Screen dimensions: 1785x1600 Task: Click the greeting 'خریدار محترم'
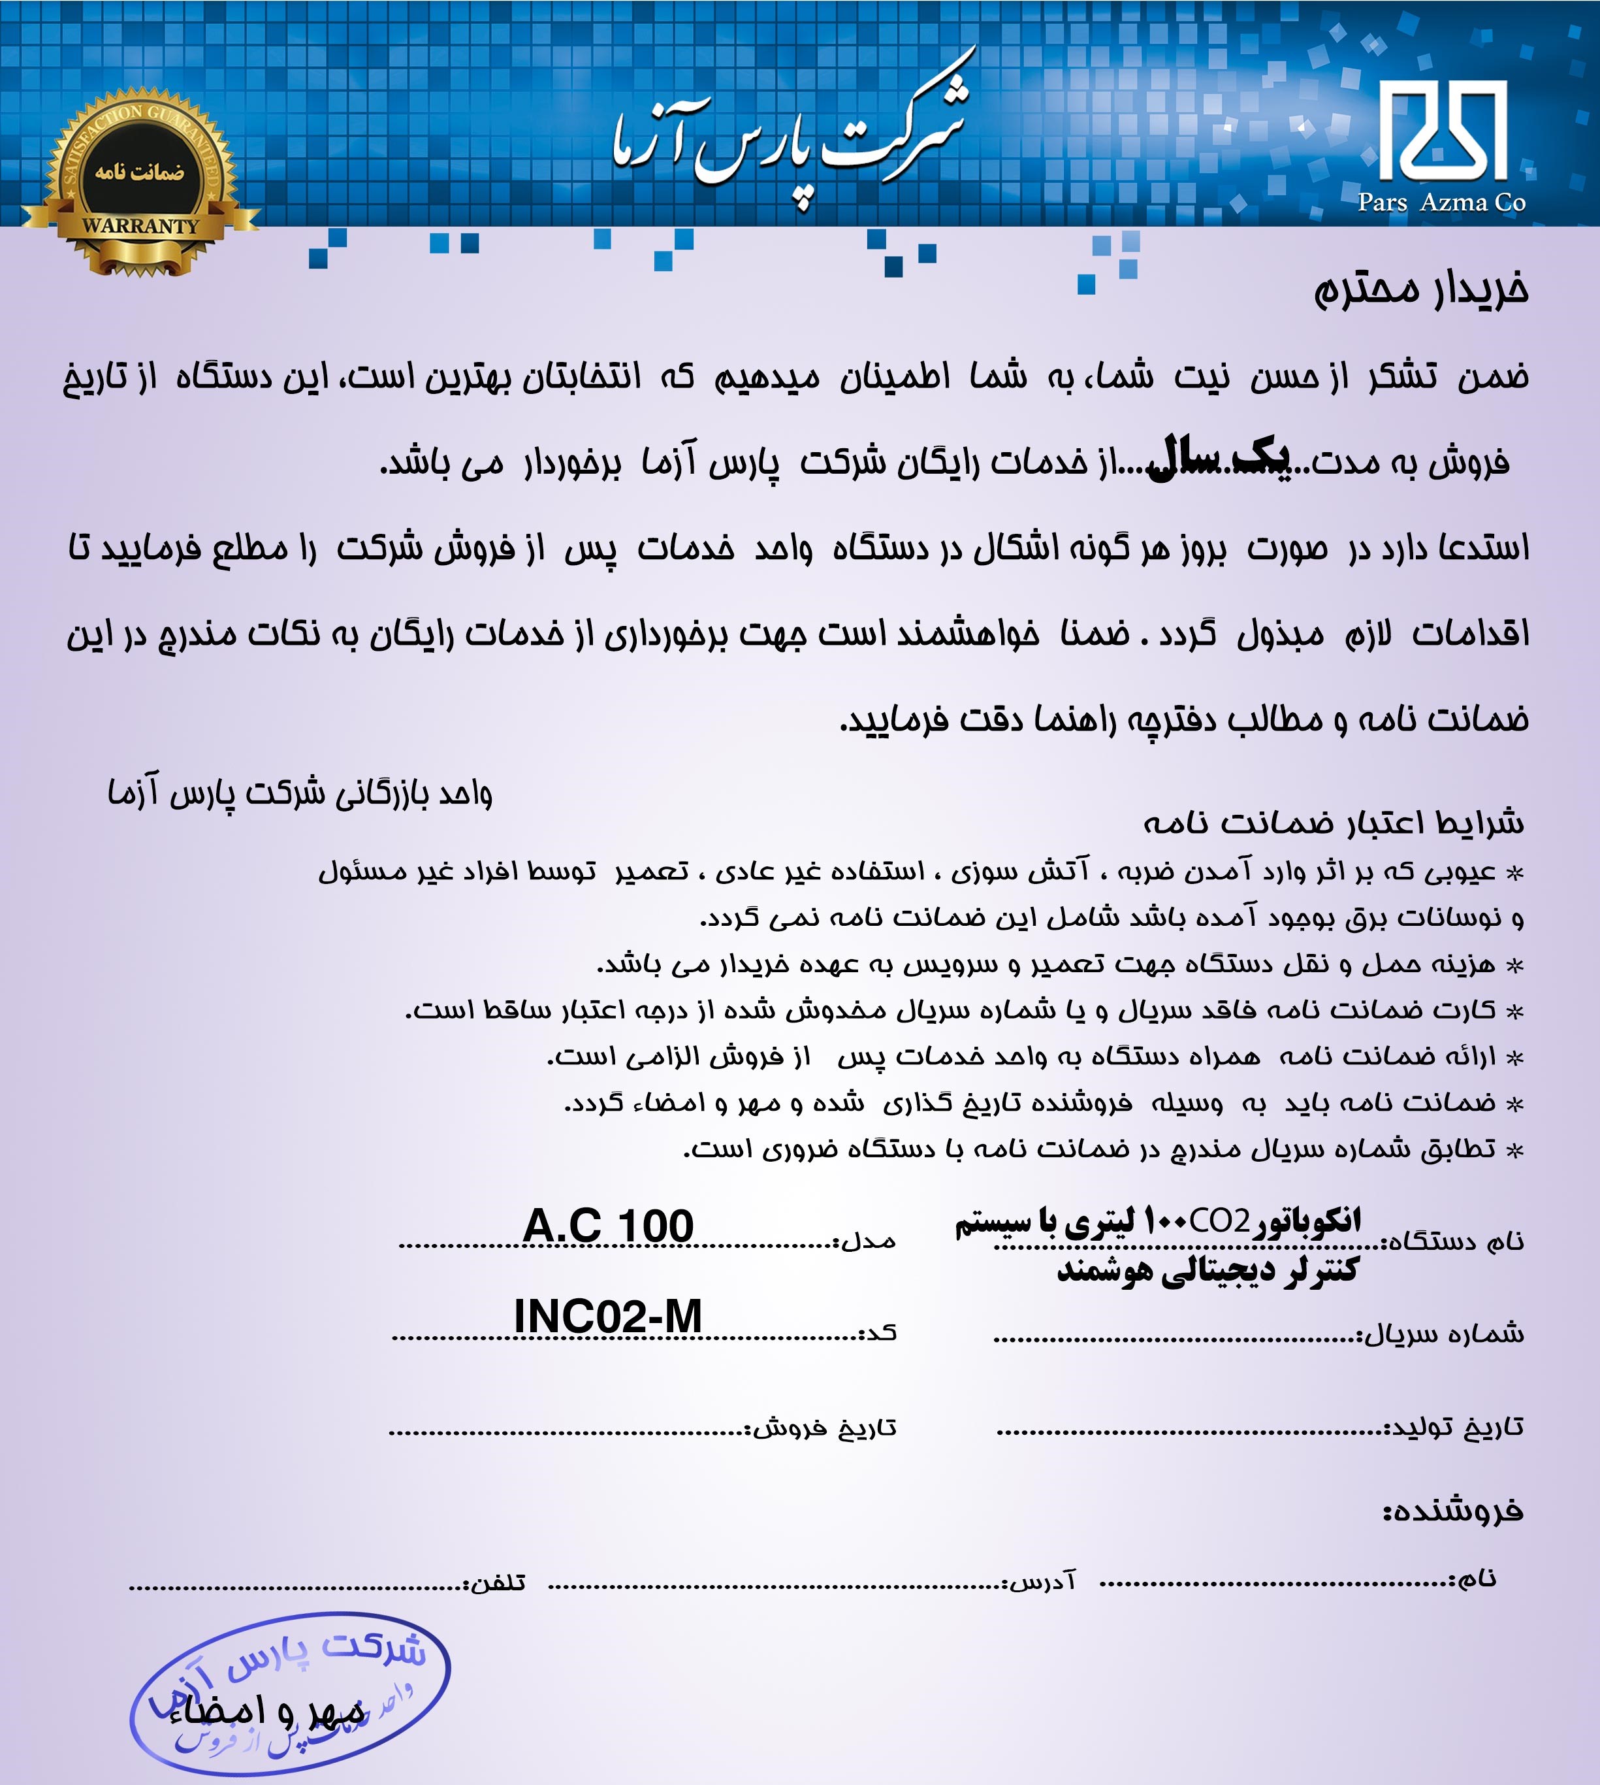pos(1420,289)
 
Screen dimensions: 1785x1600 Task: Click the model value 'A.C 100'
pos(607,1226)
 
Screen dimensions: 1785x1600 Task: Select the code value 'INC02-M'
pos(607,1317)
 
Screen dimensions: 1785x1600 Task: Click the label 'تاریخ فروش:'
pos(822,1427)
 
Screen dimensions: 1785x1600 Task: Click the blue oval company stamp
pos(290,1693)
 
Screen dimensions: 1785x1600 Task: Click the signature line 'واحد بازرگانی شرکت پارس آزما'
pos(300,793)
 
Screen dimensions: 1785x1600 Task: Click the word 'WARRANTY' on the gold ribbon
pos(140,226)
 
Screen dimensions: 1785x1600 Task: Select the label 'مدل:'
pos(865,1241)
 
